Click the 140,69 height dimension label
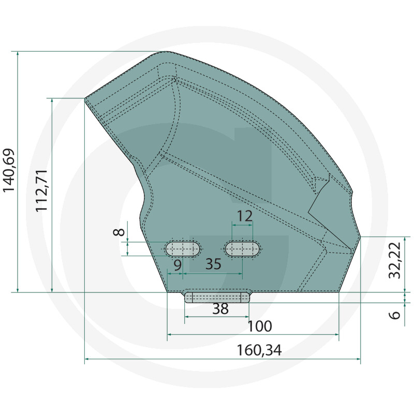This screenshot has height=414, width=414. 8,171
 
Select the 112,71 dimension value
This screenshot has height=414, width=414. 41,190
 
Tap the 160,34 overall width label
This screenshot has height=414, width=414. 259,350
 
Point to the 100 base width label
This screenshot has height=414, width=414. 260,327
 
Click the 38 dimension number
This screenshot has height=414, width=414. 220,308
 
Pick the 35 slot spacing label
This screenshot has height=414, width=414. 213,264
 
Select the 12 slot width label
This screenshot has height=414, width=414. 245,216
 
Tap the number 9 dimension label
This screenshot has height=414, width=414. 178,265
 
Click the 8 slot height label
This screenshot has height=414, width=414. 119,232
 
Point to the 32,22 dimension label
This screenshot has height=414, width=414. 395,260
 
